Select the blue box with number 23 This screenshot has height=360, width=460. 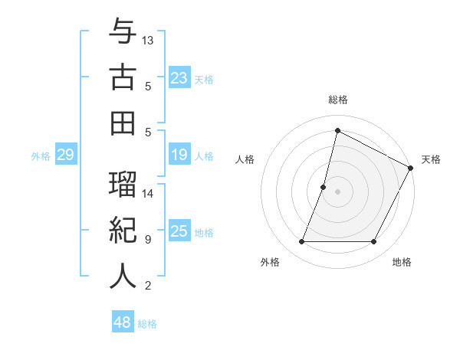point(179,78)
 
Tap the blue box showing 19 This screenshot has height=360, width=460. point(179,155)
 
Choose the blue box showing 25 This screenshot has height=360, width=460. point(179,232)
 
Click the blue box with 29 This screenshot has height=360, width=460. point(65,155)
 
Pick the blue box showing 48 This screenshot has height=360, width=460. point(123,322)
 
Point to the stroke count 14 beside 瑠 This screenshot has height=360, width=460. point(148,193)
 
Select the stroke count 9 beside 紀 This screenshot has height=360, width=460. point(148,240)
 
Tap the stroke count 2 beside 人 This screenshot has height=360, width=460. point(148,286)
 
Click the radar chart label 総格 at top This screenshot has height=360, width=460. point(337,100)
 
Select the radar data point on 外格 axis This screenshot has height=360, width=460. point(301,242)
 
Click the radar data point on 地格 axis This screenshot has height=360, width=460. point(373,242)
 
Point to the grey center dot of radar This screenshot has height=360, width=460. point(337,191)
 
